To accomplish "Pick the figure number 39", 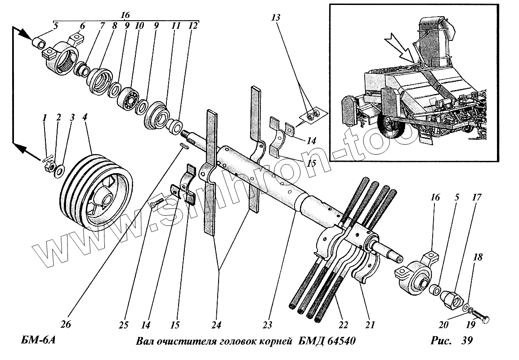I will click(467, 341).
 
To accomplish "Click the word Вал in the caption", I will click(145, 342).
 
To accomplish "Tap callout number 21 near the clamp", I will click(371, 324).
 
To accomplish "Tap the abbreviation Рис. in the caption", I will click(441, 341).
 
